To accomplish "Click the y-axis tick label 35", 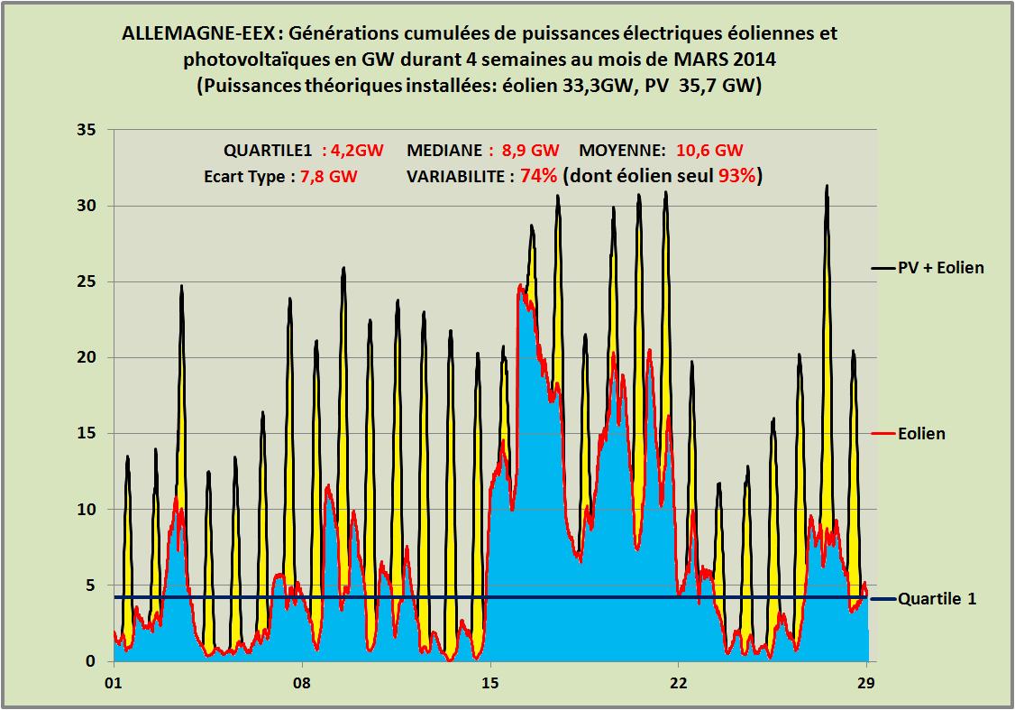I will pyautogui.click(x=87, y=130).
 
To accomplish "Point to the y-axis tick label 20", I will pyautogui.click(x=87, y=357).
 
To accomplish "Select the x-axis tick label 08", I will pyautogui.click(x=302, y=682).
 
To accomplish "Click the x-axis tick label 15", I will pyautogui.click(x=489, y=682).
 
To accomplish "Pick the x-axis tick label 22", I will pyautogui.click(x=678, y=682).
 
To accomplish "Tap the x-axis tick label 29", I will pyautogui.click(x=866, y=682).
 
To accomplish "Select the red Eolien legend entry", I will pyautogui.click(x=921, y=434).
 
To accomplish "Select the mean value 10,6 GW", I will pyautogui.click(x=709, y=151).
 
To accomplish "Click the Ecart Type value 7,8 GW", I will pyautogui.click(x=329, y=177).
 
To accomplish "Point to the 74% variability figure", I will pyautogui.click(x=537, y=176).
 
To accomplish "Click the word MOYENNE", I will pyautogui.click(x=622, y=151).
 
